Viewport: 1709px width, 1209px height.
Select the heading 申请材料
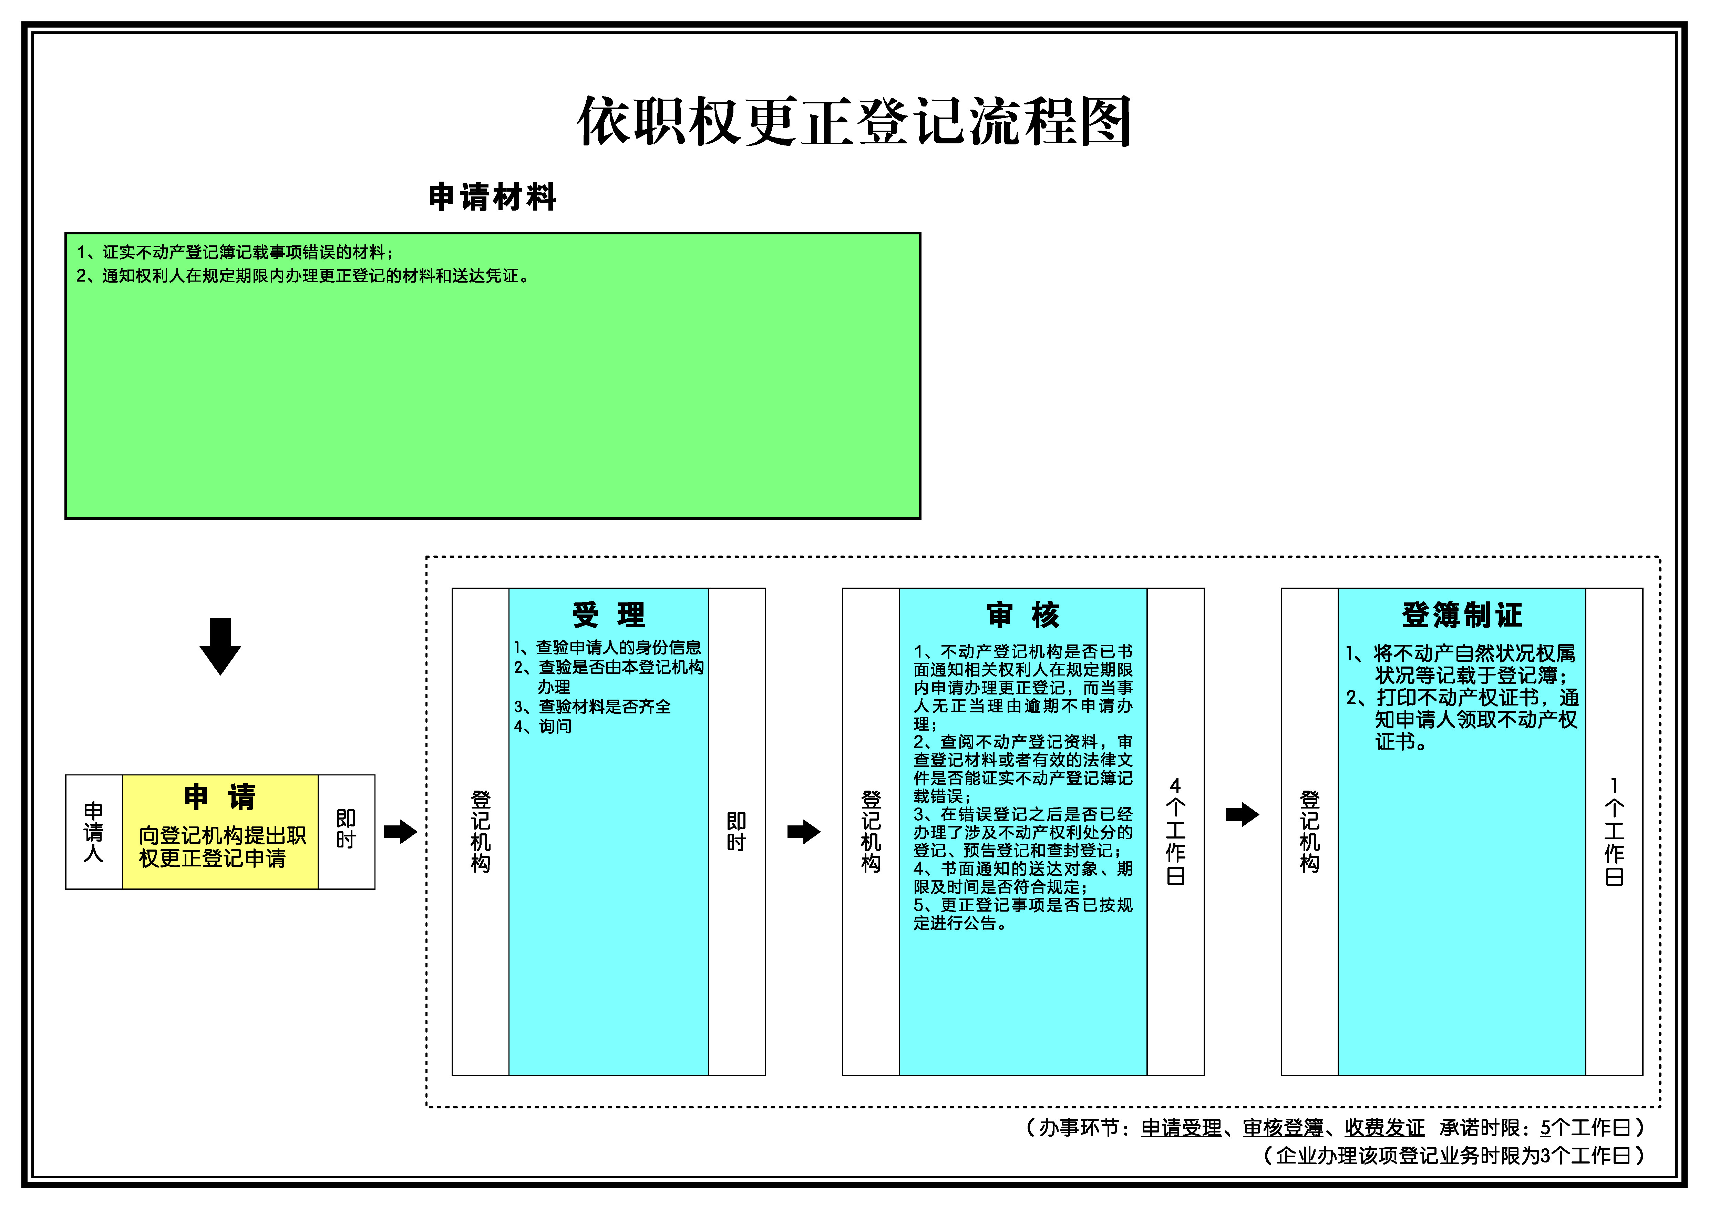tap(493, 197)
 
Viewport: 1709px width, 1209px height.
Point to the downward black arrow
tap(220, 646)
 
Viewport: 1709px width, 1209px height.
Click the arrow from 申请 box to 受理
tap(400, 832)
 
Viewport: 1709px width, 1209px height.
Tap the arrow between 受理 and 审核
tap(804, 832)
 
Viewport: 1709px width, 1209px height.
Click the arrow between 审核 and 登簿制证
tap(1242, 814)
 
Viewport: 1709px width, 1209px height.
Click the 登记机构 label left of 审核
tap(871, 832)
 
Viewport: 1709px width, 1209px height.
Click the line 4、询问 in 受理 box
tap(543, 727)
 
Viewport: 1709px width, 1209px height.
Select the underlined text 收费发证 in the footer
tap(1384, 1128)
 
